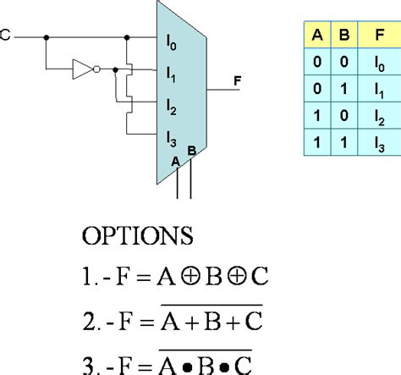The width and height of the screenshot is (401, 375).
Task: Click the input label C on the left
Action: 6,37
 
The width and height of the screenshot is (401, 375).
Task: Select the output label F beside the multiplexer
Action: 238,81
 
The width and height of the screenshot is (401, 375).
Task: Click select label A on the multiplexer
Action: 176,159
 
